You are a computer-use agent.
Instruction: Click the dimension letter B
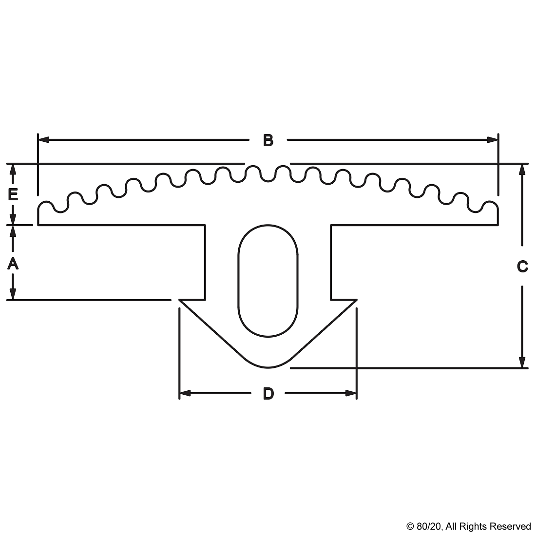(268, 141)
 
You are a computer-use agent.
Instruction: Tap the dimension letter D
(268, 394)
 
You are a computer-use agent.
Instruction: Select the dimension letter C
(522, 267)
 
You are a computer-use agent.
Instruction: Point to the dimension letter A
(13, 264)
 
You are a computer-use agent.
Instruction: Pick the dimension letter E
(13, 195)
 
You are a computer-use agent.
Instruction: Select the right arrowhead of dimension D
(351, 393)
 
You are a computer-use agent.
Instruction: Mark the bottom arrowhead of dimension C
(522, 363)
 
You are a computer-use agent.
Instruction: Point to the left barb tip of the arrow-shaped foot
(180, 301)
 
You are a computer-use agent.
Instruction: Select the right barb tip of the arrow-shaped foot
(356, 301)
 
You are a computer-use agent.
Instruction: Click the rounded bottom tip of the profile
(268, 366)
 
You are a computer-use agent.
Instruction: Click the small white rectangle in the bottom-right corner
(432, 526)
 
